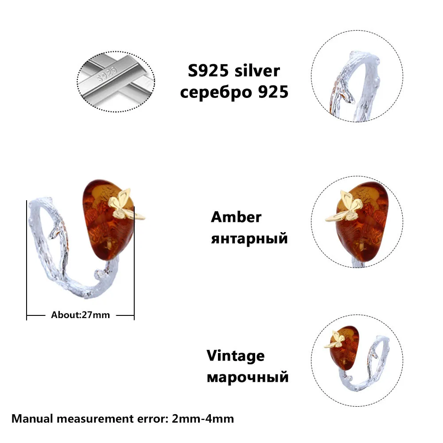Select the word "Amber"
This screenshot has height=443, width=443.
tap(236, 217)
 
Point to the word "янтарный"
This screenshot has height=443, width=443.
tap(249, 239)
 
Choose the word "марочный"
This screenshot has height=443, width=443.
tap(248, 377)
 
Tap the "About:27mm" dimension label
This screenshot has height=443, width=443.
tap(80, 315)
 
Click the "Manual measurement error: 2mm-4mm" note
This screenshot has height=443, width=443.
tap(122, 418)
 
